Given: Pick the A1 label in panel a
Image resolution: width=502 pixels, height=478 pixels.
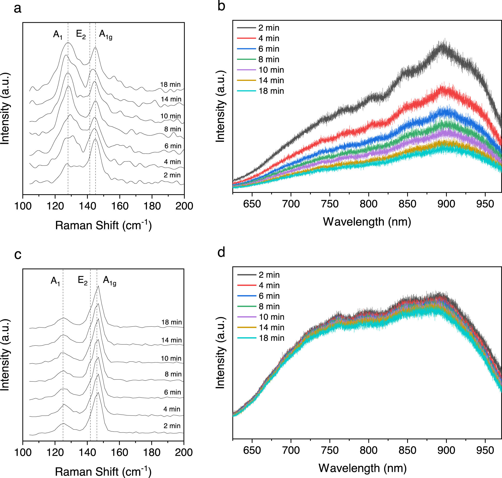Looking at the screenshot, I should [58, 34].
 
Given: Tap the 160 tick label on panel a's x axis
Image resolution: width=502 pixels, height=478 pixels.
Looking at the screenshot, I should [120, 206].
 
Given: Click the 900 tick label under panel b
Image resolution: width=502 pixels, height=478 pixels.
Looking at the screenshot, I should [446, 204].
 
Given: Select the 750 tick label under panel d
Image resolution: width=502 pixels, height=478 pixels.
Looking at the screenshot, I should [330, 450].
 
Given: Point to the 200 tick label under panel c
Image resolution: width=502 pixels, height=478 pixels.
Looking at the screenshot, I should [183, 453].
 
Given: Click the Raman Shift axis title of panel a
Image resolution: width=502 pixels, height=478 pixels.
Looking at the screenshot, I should [103, 225].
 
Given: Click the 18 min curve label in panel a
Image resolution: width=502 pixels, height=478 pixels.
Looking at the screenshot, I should [170, 85].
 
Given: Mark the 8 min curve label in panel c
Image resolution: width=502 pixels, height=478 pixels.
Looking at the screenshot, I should [173, 374].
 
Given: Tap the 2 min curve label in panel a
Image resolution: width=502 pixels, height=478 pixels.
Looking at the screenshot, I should [172, 175].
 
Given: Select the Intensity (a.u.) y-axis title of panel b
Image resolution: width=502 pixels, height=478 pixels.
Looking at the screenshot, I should [220, 107].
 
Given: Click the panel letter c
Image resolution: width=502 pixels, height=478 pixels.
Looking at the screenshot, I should [18, 254].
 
